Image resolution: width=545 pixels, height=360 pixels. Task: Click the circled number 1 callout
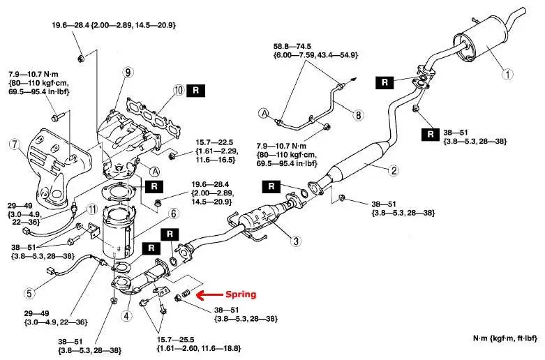pyautogui.click(x=508, y=73)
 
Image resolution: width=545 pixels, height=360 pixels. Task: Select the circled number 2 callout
pyautogui.click(x=394, y=170)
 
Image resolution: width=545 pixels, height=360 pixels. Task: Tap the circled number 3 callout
pyautogui.click(x=296, y=241)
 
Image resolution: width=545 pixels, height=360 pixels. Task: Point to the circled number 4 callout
pyautogui.click(x=126, y=315)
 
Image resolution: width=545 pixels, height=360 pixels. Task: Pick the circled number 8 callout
pyautogui.click(x=359, y=115)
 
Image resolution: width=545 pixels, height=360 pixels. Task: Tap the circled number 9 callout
pyautogui.click(x=127, y=72)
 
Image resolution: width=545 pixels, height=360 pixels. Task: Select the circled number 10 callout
pyautogui.click(x=179, y=90)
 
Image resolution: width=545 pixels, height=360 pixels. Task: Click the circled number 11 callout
pyautogui.click(x=91, y=209)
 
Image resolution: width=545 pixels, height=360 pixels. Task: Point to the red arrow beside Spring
pyautogui.click(x=209, y=295)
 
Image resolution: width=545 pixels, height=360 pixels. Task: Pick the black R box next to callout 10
pyautogui.click(x=198, y=90)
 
